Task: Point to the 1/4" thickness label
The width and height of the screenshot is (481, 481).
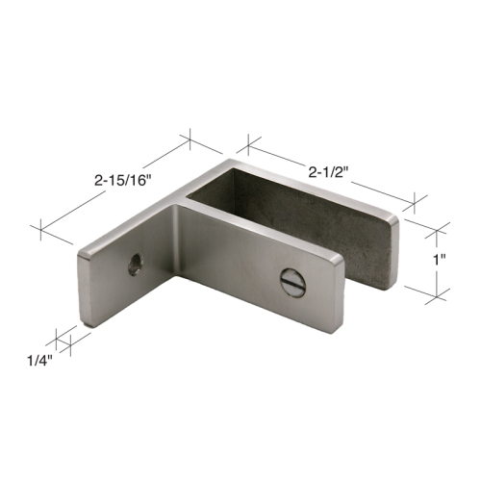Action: click(x=38, y=364)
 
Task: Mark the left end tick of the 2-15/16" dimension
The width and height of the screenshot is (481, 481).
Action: click(x=40, y=228)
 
